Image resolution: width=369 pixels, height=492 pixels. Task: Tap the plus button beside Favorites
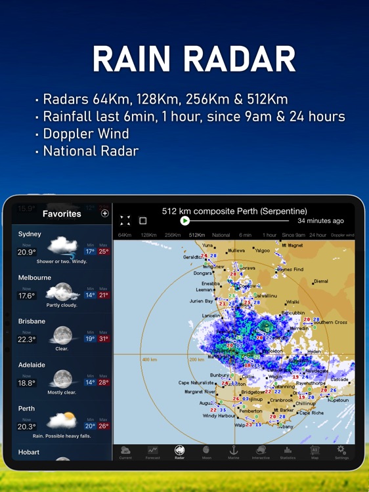(x=104, y=213)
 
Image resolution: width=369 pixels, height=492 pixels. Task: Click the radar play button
(x=185, y=221)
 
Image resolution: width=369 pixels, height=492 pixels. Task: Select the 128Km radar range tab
(x=148, y=235)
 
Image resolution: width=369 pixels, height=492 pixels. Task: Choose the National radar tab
(x=221, y=235)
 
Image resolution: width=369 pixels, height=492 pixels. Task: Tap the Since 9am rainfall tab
(x=293, y=235)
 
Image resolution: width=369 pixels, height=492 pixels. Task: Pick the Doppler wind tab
(x=342, y=235)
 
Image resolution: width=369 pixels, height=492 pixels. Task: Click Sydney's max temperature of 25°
(x=102, y=251)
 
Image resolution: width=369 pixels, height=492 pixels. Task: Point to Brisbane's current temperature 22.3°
(x=27, y=339)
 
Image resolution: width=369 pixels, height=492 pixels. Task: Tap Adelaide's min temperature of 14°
(x=90, y=382)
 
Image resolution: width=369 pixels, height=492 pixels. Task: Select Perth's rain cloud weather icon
(x=62, y=420)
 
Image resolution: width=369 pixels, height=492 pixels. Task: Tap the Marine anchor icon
(x=232, y=450)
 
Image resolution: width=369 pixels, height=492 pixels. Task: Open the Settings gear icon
(x=341, y=450)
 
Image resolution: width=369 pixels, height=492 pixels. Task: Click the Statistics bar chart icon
(x=287, y=450)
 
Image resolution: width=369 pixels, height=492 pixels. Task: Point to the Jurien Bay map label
(x=202, y=301)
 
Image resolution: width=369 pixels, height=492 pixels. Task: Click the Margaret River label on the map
(x=200, y=392)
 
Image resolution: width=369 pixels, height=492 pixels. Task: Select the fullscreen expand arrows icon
(x=125, y=221)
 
